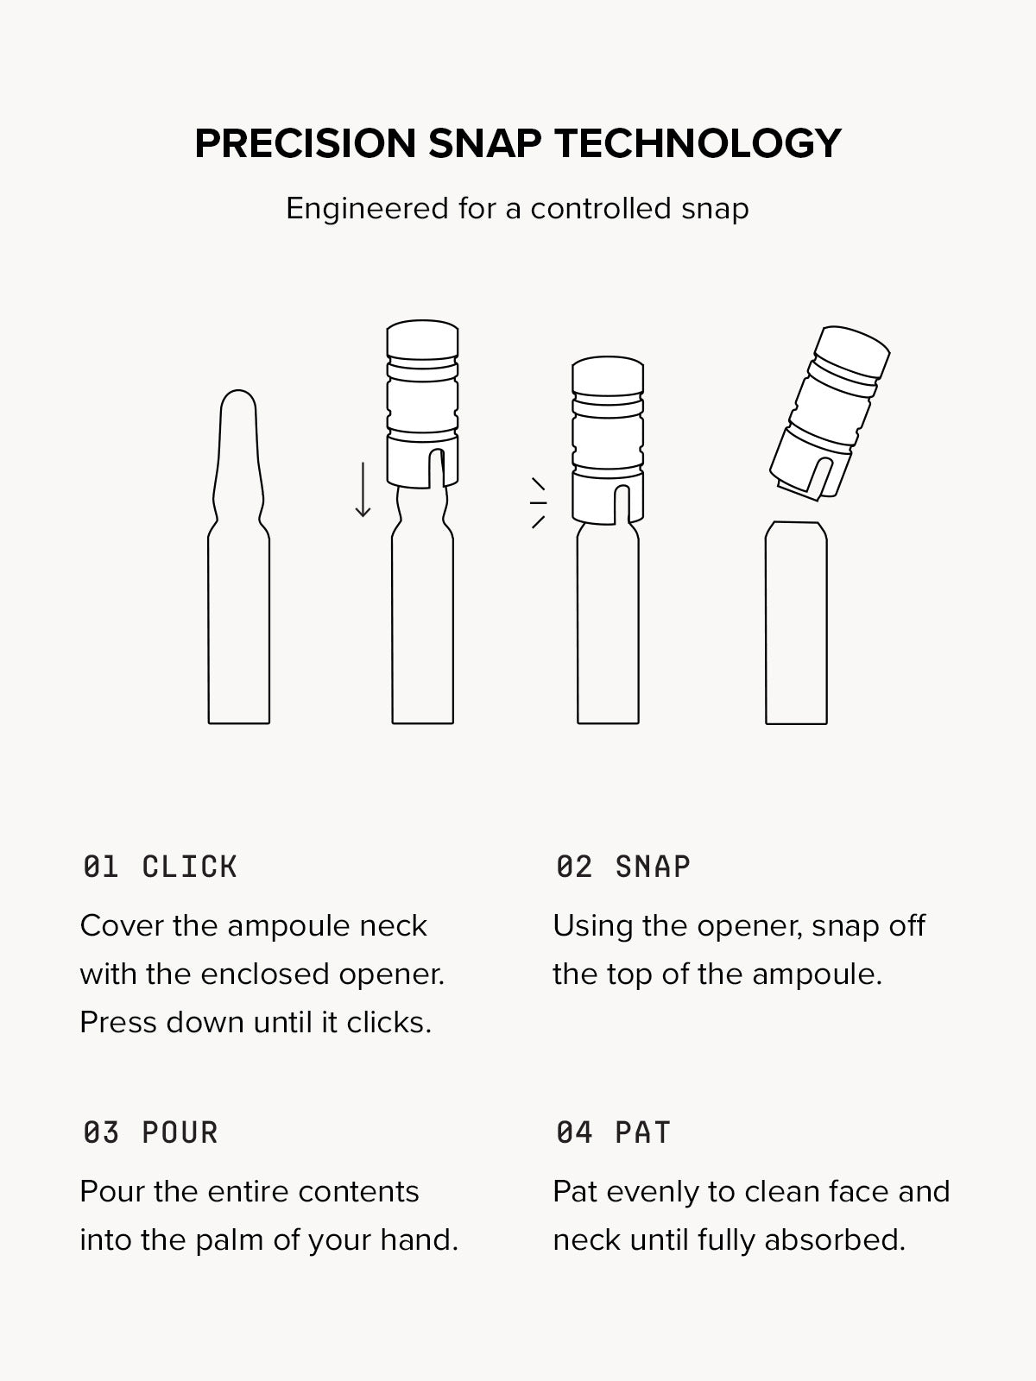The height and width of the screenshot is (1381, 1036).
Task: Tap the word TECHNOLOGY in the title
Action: [x=698, y=143]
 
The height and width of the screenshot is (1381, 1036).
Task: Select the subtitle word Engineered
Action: [x=367, y=209]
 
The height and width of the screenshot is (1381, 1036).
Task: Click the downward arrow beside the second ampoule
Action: [x=363, y=489]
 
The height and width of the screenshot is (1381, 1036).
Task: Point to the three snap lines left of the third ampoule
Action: [x=538, y=502]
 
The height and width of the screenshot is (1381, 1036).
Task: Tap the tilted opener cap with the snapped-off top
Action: [x=829, y=413]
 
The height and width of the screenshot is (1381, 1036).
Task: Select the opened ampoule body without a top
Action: [x=796, y=623]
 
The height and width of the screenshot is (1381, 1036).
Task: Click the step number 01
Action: [x=101, y=867]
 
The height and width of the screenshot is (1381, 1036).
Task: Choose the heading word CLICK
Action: [x=189, y=867]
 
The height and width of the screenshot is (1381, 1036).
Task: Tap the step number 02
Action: [x=573, y=867]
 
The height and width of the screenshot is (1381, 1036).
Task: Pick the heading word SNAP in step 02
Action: [x=653, y=867]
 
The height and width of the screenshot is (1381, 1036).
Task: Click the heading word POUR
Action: [x=180, y=1133]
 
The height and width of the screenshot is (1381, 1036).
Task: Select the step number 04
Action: [x=573, y=1133]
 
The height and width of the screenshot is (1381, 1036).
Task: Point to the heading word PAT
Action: [x=643, y=1133]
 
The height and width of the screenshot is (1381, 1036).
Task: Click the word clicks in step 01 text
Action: [x=388, y=1023]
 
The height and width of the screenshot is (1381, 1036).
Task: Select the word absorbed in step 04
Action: [x=835, y=1240]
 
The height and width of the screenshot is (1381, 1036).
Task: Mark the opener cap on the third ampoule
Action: [x=608, y=440]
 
